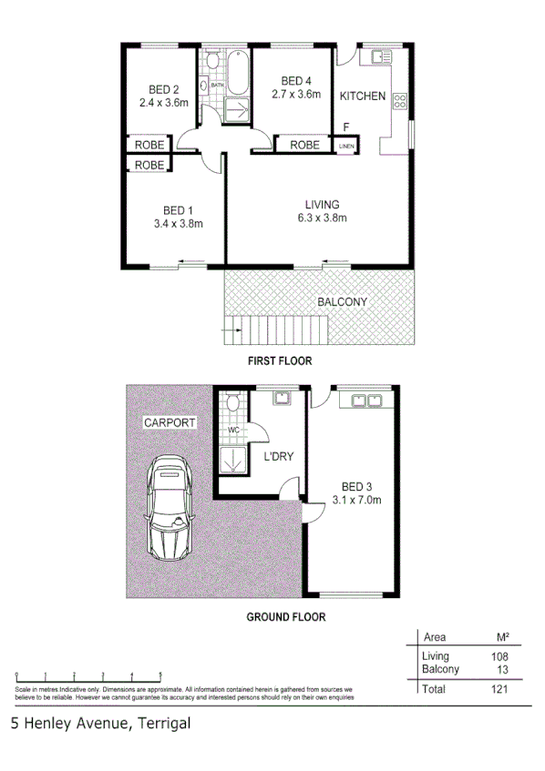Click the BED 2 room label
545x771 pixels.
(x=163, y=89)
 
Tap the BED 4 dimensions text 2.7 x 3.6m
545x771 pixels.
(x=296, y=93)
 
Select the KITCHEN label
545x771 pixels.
(x=363, y=96)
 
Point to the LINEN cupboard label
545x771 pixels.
(x=346, y=146)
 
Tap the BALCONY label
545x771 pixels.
(x=342, y=302)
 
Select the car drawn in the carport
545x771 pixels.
(x=170, y=507)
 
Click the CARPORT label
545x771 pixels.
(x=169, y=423)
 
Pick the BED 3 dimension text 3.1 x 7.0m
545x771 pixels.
(x=355, y=500)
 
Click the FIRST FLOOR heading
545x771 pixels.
(x=280, y=361)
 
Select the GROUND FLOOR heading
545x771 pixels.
(x=286, y=616)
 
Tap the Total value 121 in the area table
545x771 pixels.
(x=497, y=689)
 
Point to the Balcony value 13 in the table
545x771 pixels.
(x=499, y=669)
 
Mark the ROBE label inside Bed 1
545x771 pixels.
(x=149, y=165)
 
